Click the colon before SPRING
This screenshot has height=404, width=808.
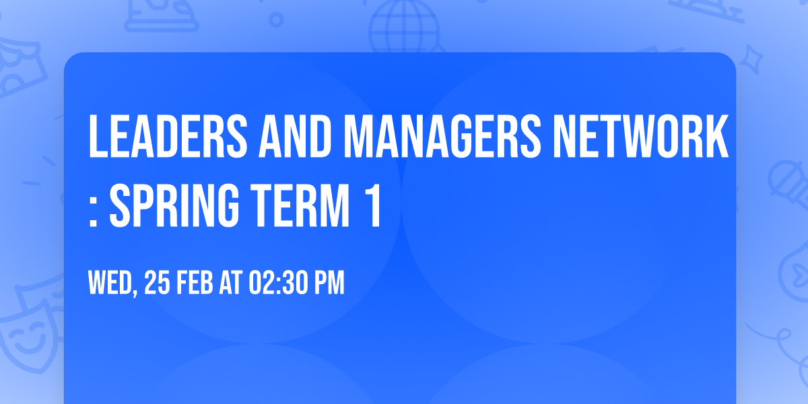click(x=94, y=209)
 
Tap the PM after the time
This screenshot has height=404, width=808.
click(x=330, y=283)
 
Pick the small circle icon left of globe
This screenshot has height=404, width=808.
click(x=277, y=18)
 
